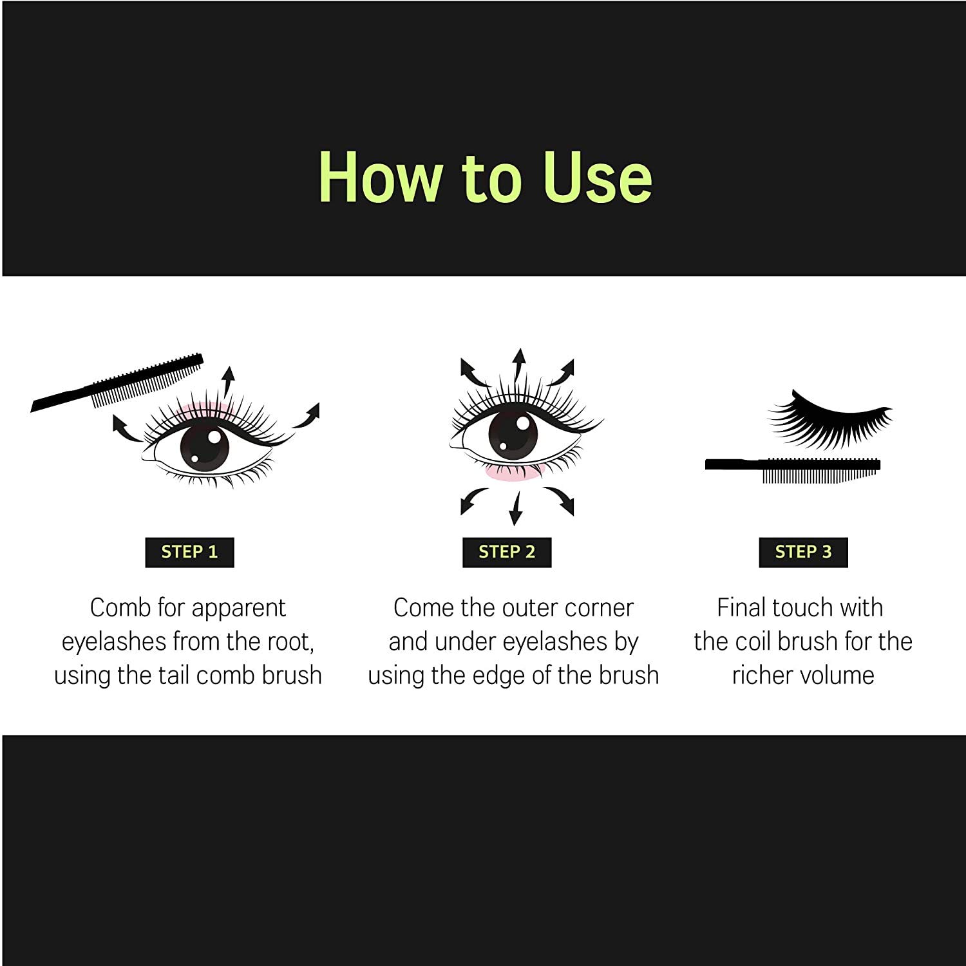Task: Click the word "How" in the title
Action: click(381, 177)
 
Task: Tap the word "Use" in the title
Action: click(597, 177)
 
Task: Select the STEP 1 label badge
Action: click(189, 552)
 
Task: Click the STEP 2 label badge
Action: click(507, 552)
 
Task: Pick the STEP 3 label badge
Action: click(803, 552)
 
